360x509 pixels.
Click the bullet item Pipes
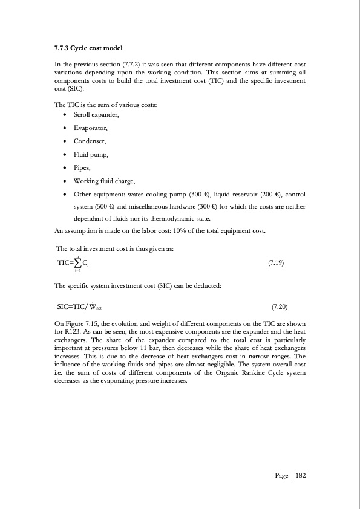[x=82, y=168]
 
